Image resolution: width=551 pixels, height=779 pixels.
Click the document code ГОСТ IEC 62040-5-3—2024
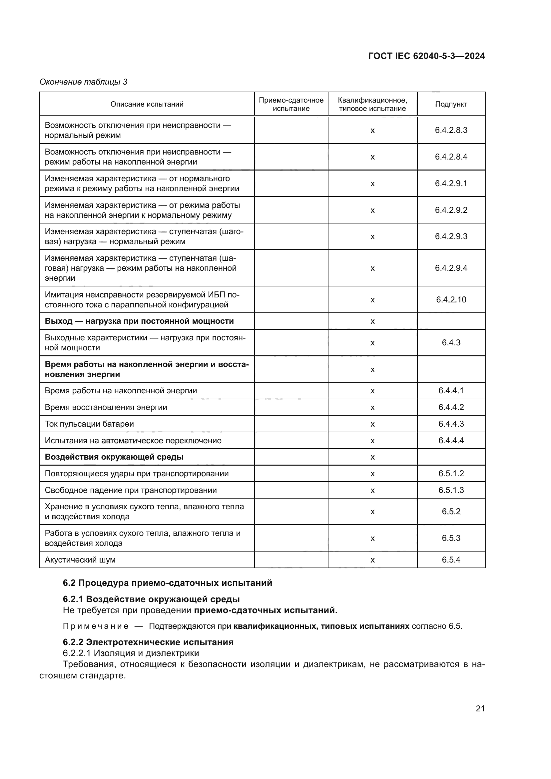click(x=426, y=56)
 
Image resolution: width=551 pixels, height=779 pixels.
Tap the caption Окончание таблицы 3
click(x=84, y=82)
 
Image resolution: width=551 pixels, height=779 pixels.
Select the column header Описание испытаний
click(x=147, y=104)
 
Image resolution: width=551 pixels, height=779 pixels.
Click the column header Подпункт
click(x=451, y=104)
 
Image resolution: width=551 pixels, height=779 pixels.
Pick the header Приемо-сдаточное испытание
click(x=291, y=104)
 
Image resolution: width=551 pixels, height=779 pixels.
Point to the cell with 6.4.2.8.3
click(x=451, y=130)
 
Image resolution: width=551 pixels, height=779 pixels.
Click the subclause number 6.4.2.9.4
click(x=451, y=268)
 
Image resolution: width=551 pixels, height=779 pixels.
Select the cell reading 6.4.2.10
click(x=451, y=300)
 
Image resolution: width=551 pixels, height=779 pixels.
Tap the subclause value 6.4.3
click(x=451, y=343)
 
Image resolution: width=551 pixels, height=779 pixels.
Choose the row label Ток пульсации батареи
click(x=89, y=424)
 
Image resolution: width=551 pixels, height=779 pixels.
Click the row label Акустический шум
click(x=80, y=560)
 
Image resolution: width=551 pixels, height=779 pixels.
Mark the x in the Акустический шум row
click(x=372, y=560)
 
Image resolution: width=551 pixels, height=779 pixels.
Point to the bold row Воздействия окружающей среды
click(x=114, y=457)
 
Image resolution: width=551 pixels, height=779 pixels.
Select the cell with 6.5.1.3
click(x=451, y=490)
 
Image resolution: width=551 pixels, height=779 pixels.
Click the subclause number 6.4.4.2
click(x=451, y=407)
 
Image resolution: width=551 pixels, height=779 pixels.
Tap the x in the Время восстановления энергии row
click(x=372, y=407)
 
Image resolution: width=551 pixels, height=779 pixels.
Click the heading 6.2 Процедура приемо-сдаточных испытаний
click(x=168, y=583)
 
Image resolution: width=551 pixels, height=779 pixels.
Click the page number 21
click(x=480, y=708)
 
